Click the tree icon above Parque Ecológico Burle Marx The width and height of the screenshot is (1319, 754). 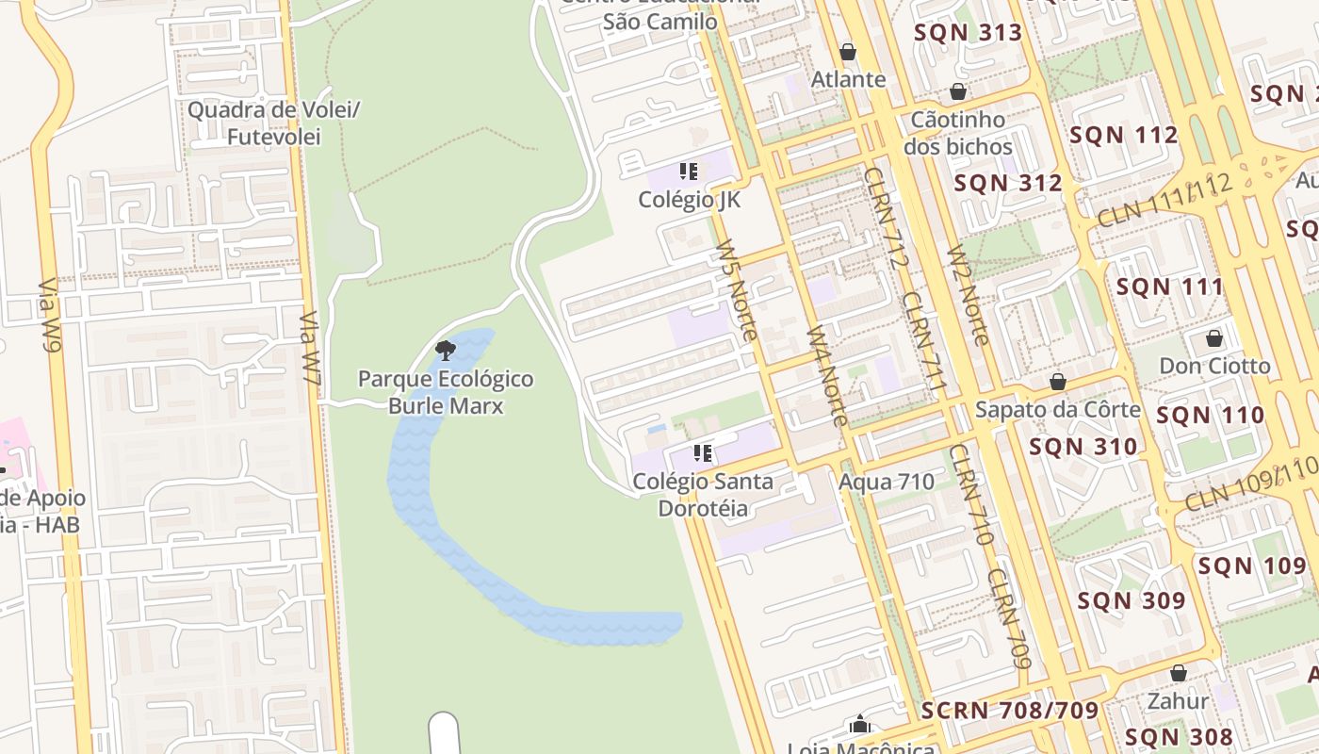point(446,352)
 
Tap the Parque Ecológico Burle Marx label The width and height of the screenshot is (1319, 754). point(446,393)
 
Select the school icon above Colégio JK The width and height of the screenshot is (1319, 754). point(689,172)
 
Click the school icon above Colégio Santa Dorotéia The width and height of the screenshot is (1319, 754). point(702,453)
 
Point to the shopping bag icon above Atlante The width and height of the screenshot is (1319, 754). point(848,51)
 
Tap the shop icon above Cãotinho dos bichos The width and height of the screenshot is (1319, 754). point(958,91)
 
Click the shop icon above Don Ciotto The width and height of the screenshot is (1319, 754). point(1214,337)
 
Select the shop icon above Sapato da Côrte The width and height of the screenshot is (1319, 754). point(1058,382)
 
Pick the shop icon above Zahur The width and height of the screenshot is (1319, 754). point(1178,673)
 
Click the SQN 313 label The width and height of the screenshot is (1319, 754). point(969,33)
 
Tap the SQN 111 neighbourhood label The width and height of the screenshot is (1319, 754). point(1169,287)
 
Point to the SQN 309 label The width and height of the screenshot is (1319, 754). point(1131,600)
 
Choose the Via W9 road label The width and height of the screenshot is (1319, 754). point(50,316)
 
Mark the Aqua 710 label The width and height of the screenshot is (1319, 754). point(887,483)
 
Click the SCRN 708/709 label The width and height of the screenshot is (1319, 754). point(1010,710)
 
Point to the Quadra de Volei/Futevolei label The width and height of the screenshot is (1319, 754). point(274,123)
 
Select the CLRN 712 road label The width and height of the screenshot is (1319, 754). point(884,218)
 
